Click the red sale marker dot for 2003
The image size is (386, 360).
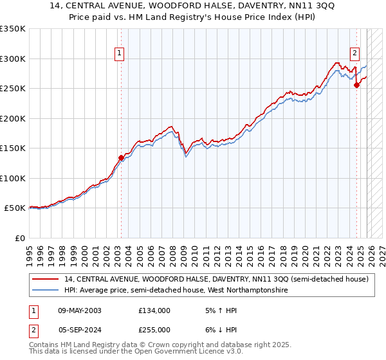point(121,157)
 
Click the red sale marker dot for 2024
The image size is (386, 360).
point(357,85)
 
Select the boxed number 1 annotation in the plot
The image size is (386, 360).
point(120,54)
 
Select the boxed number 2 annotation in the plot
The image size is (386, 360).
point(354,54)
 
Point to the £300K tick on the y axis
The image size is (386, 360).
point(13,59)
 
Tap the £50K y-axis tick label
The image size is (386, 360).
point(15,208)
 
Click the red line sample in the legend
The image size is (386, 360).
point(46,279)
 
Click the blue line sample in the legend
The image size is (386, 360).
point(46,291)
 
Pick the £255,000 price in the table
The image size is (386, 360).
point(154,330)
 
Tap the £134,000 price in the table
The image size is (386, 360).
point(154,310)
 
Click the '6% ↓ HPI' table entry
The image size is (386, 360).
point(219,330)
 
